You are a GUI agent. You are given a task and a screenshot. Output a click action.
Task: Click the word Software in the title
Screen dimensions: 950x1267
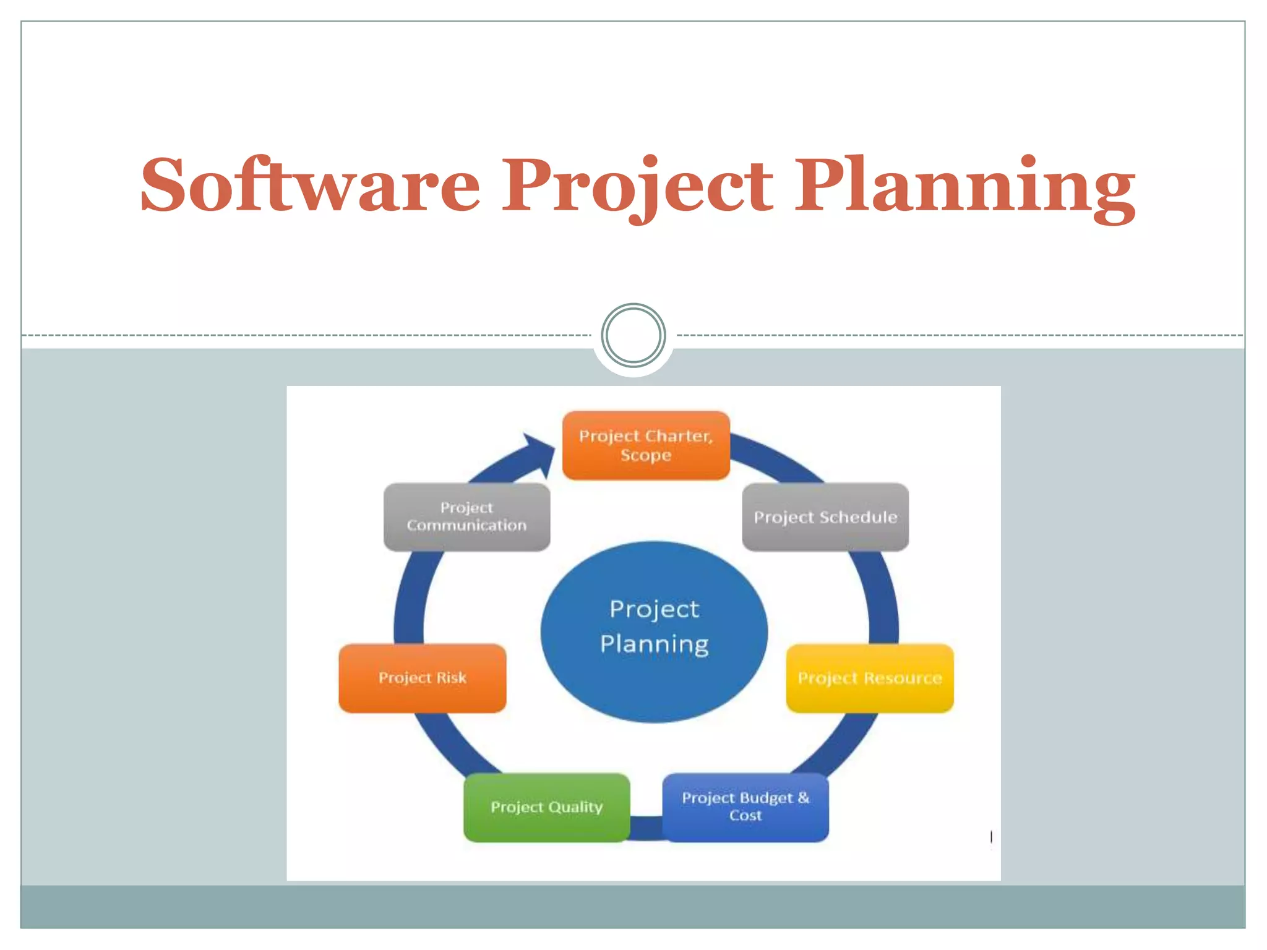point(310,184)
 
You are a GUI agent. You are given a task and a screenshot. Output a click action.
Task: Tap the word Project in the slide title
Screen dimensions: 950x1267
point(637,184)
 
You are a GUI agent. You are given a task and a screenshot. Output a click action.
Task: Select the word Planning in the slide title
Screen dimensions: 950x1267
point(965,184)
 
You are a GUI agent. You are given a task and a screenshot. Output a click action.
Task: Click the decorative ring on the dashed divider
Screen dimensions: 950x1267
point(633,335)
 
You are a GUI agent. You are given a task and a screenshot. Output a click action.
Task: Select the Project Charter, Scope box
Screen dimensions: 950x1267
point(646,445)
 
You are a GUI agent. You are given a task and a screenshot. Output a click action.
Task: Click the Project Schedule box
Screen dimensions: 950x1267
point(825,517)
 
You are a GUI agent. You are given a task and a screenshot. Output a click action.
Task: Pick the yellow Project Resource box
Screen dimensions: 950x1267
point(869,678)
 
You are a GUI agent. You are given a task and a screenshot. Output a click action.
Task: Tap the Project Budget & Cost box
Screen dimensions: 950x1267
point(745,807)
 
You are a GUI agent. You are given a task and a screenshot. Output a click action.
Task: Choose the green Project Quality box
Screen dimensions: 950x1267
point(547,807)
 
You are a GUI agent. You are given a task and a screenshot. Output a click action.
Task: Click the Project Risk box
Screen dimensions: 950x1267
point(423,678)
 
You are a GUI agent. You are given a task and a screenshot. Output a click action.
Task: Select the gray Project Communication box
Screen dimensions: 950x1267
point(466,517)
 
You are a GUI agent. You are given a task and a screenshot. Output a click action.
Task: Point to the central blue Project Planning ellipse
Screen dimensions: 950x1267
point(654,631)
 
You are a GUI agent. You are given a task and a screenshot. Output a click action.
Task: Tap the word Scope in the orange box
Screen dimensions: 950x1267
point(646,455)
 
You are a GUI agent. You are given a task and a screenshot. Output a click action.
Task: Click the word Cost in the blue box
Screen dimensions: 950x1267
point(745,816)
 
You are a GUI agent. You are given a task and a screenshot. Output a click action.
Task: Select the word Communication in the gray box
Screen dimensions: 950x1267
point(466,526)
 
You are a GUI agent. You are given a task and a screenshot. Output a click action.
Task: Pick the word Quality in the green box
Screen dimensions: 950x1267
point(575,807)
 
